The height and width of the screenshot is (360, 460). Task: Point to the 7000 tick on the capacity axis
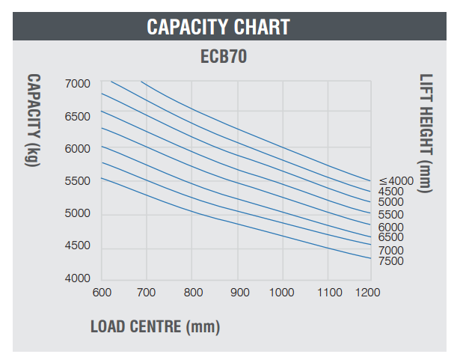pyautogui.click(x=77, y=83)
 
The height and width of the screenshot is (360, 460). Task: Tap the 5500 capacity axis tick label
pyautogui.click(x=77, y=181)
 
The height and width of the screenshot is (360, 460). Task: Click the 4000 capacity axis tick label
pyautogui.click(x=77, y=278)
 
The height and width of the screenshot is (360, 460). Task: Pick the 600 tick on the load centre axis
pyautogui.click(x=102, y=292)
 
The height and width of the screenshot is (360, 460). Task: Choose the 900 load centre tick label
pyautogui.click(x=238, y=292)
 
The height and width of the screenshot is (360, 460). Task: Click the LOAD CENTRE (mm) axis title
pyautogui.click(x=155, y=326)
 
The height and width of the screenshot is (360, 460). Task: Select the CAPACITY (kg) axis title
pyautogui.click(x=34, y=120)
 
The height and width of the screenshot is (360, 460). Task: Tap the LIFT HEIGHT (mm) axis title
pyautogui.click(x=426, y=132)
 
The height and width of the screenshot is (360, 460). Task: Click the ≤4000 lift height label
pyautogui.click(x=395, y=180)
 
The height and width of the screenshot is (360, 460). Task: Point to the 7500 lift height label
pyautogui.click(x=390, y=261)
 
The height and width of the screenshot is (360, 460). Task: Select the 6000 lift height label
pyautogui.click(x=390, y=227)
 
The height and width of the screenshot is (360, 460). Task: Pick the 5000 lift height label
pyautogui.click(x=390, y=203)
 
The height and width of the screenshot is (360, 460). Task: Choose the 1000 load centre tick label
pyautogui.click(x=282, y=292)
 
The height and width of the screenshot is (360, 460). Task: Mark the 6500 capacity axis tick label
pyautogui.click(x=77, y=116)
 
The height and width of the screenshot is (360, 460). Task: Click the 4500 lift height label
pyautogui.click(x=390, y=192)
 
